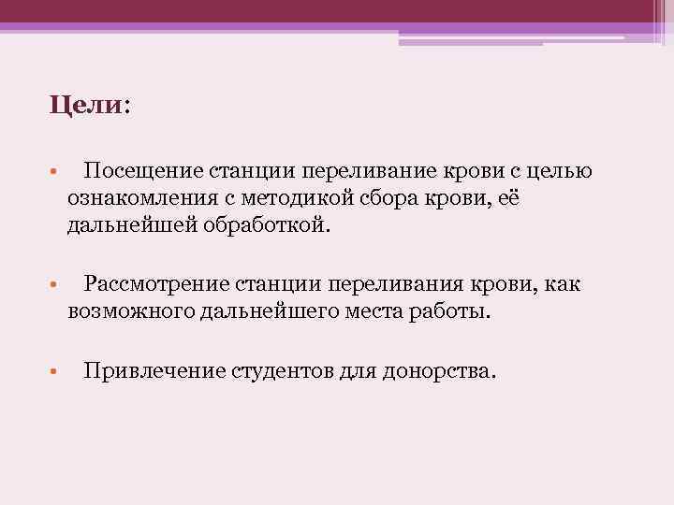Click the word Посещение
click(x=138, y=171)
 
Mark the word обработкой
click(x=264, y=225)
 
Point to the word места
click(x=371, y=311)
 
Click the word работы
click(x=451, y=311)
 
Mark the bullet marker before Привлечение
click(x=55, y=372)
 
